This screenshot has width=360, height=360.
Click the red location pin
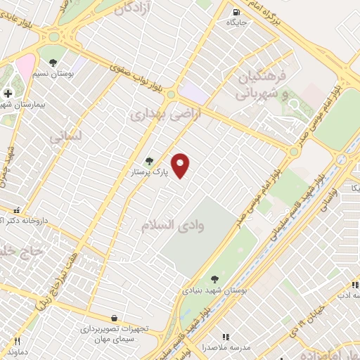(x=181, y=165)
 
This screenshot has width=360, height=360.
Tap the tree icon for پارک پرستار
(x=148, y=161)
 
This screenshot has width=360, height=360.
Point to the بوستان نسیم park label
(x=53, y=74)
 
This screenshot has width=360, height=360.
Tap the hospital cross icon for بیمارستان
(x=8, y=94)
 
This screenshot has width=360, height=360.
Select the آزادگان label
(x=133, y=9)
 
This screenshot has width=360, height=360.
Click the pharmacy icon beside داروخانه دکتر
(x=16, y=209)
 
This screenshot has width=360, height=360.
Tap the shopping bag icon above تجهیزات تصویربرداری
(x=114, y=318)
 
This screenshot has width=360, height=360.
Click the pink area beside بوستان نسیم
(x=25, y=67)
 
